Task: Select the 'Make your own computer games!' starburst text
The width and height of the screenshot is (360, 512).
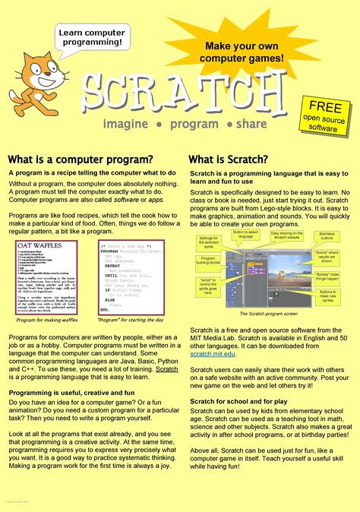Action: tap(244, 52)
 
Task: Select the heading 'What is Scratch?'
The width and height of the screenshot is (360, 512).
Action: tap(229, 160)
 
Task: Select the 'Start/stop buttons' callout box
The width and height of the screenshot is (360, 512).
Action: tap(327, 237)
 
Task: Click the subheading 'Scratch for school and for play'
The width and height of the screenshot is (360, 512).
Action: tap(238, 400)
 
